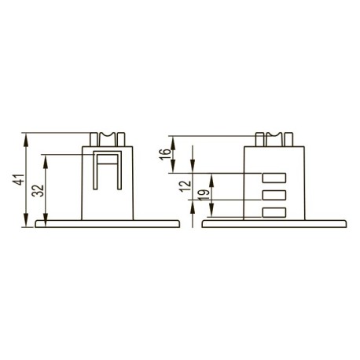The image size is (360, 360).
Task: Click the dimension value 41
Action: click(x=20, y=179)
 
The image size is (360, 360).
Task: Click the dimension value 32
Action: click(x=39, y=191)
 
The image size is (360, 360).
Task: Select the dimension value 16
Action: click(x=165, y=155)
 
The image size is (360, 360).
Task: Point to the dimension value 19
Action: click(x=204, y=195)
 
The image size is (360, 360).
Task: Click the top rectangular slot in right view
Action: click(x=274, y=178)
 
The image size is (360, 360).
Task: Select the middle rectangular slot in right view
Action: click(x=274, y=195)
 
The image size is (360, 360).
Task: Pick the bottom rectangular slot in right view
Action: click(x=274, y=212)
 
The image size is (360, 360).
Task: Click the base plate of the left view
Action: click(x=108, y=224)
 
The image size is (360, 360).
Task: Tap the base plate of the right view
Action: click(x=274, y=224)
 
